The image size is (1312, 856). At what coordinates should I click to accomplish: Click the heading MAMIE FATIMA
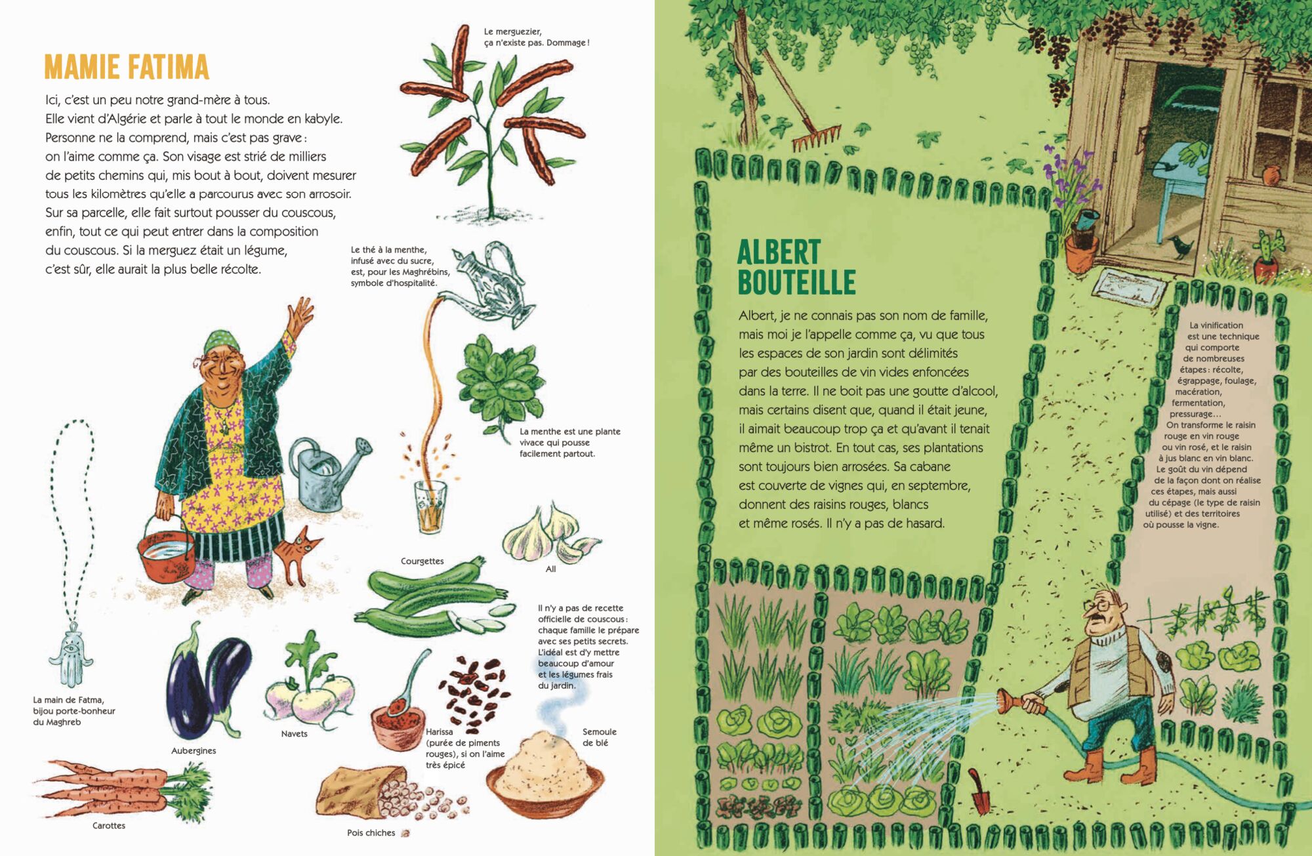click(127, 67)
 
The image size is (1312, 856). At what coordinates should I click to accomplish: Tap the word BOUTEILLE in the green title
click(796, 282)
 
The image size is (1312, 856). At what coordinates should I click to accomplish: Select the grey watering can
click(330, 472)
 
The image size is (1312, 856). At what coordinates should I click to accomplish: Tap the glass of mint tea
click(430, 507)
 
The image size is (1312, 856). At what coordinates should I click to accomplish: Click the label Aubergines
click(194, 750)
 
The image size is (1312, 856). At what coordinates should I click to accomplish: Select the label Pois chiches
click(371, 833)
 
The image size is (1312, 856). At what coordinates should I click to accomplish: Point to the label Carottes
click(109, 825)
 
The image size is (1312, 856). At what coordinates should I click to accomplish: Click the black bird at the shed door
click(1181, 246)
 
